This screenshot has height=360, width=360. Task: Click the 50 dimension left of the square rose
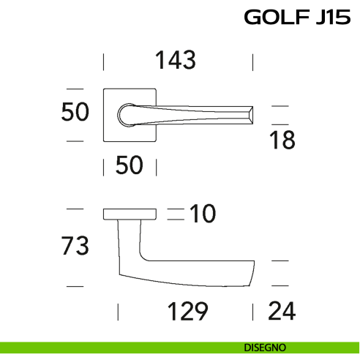coord(75,112)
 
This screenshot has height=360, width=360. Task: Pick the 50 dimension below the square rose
coord(129,166)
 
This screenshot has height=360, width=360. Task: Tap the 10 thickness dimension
coord(203,214)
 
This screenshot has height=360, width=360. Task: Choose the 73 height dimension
coord(75,246)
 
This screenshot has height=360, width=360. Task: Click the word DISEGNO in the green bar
coord(265,347)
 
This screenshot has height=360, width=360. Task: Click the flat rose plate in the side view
coord(130,214)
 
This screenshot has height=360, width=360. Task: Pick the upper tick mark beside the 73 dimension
coord(75,209)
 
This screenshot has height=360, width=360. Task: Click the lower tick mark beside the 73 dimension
coord(75,284)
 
